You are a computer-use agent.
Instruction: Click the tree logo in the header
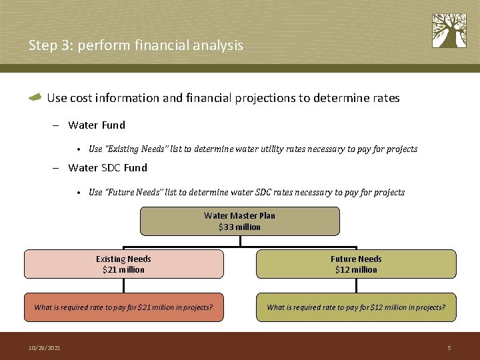[x=449, y=31]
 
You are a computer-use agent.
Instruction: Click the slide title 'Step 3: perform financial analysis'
[x=136, y=45]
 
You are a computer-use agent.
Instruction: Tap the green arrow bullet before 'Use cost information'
[x=35, y=98]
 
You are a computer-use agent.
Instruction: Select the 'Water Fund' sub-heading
[x=96, y=125]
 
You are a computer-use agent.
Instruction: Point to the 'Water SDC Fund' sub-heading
[x=107, y=167]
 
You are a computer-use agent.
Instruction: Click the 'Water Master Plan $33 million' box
[x=239, y=221]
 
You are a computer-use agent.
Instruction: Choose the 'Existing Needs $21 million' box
[x=123, y=264]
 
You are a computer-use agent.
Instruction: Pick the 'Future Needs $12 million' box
[x=356, y=264]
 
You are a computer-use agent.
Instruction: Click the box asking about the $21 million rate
[x=123, y=307]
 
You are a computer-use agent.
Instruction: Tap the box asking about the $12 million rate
[x=356, y=307]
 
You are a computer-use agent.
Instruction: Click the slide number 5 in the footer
[x=449, y=348]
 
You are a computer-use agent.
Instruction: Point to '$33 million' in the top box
[x=239, y=227]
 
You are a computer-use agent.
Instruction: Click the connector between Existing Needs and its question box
[x=123, y=285]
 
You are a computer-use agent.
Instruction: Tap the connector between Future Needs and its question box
[x=356, y=285]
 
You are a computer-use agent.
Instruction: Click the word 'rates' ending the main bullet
[x=385, y=98]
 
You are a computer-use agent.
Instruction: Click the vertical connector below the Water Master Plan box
[x=239, y=241]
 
